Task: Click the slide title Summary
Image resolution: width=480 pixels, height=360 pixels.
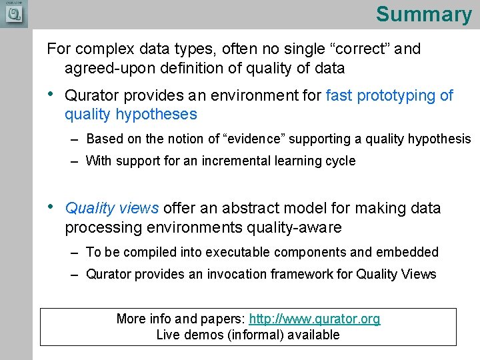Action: tap(423, 15)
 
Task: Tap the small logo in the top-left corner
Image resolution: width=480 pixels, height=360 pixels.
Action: tap(14, 14)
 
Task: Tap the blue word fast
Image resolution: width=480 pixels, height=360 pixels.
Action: tap(339, 95)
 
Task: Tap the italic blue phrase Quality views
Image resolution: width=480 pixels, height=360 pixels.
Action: tap(111, 208)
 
